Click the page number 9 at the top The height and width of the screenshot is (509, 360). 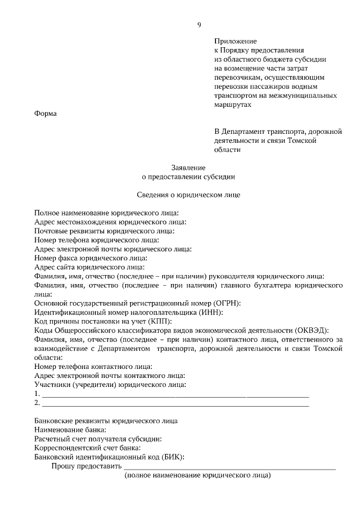pyautogui.click(x=199, y=24)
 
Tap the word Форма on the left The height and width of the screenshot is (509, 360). pyautogui.click(x=46, y=114)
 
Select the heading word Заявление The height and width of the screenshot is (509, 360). pyautogui.click(x=188, y=167)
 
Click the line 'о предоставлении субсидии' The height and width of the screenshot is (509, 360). pyautogui.click(x=188, y=176)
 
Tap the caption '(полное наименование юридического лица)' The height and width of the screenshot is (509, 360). pyautogui.click(x=197, y=476)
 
